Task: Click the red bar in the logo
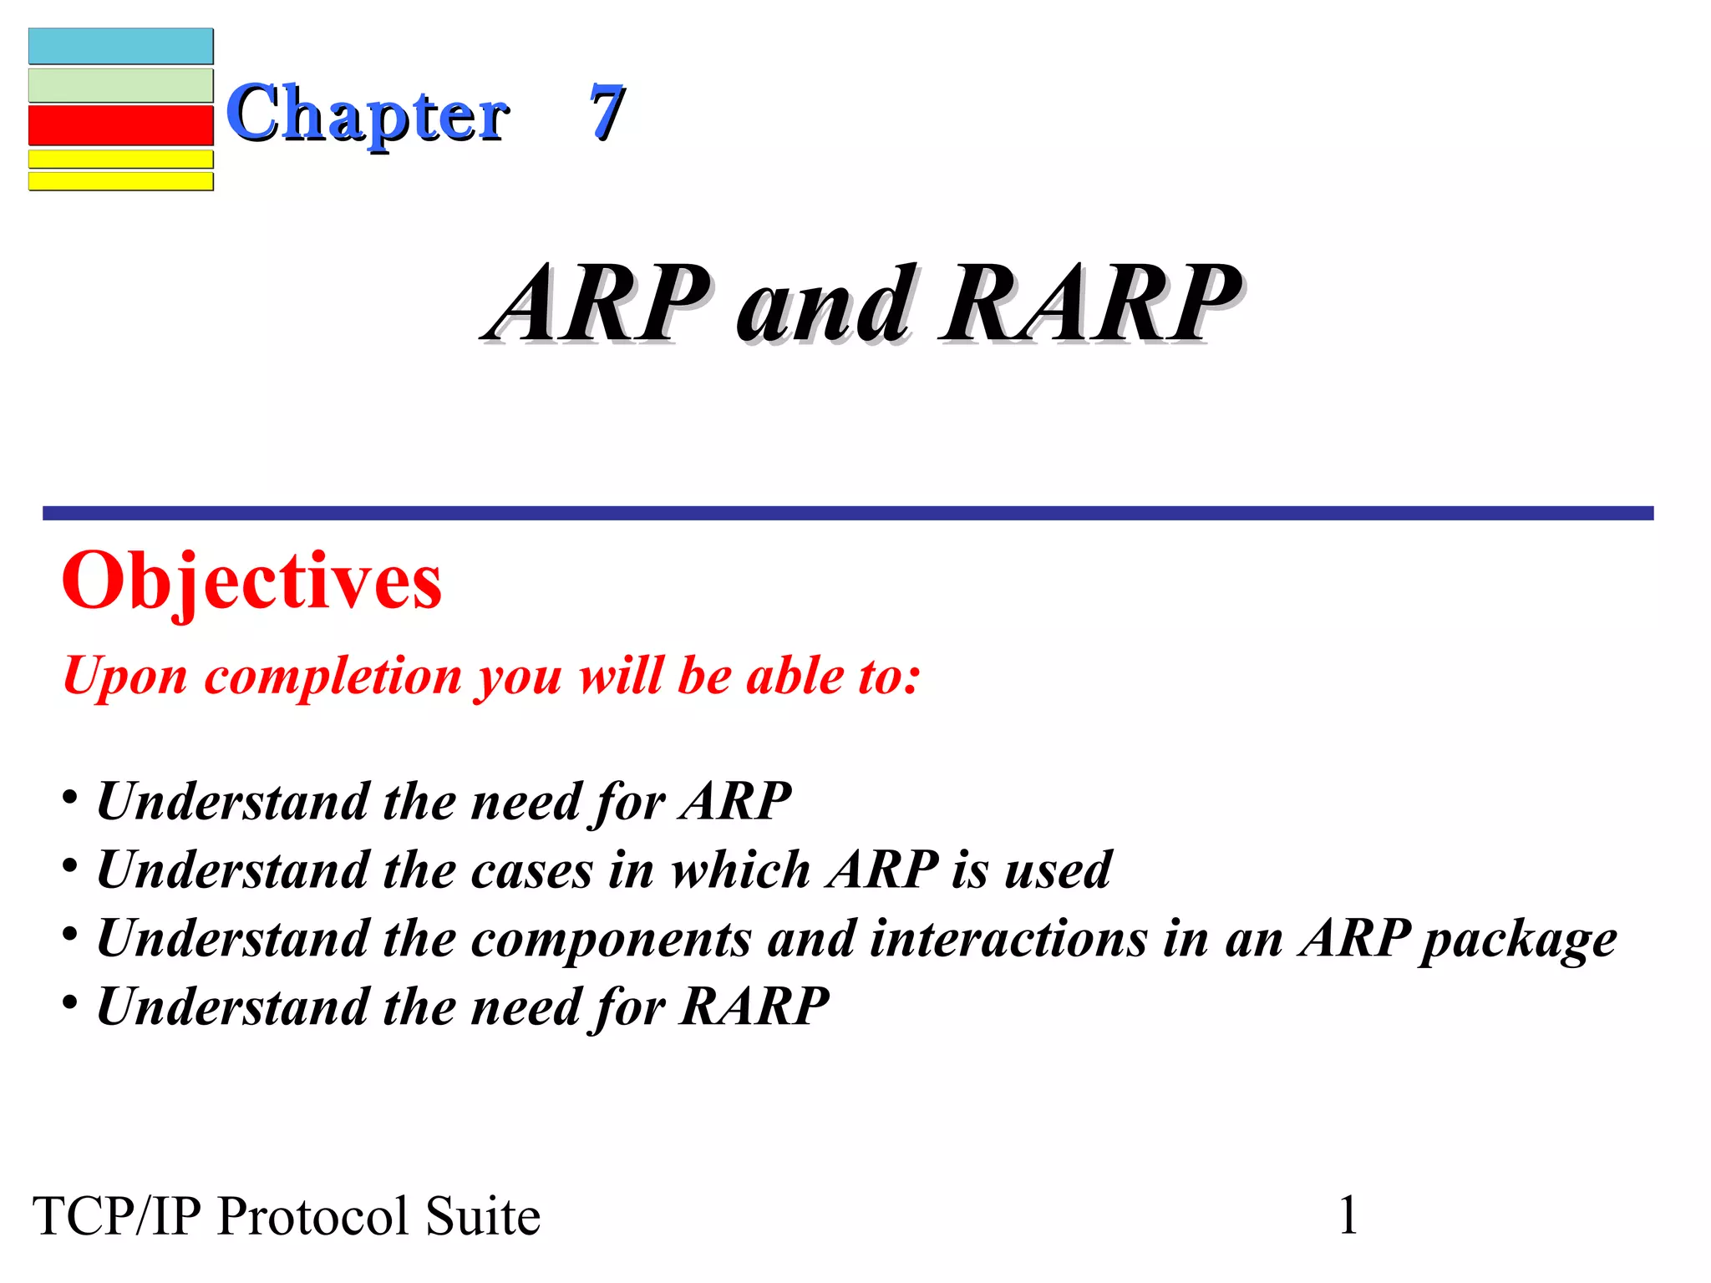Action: click(121, 125)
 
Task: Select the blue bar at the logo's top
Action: click(121, 47)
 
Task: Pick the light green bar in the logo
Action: click(121, 85)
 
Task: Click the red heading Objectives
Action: click(251, 582)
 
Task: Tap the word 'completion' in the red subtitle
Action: click(333, 676)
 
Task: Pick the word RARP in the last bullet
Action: click(754, 1006)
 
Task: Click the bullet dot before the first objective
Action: click(71, 795)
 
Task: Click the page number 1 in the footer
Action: click(1348, 1215)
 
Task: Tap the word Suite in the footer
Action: click(483, 1216)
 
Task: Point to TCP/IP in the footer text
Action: click(117, 1216)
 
